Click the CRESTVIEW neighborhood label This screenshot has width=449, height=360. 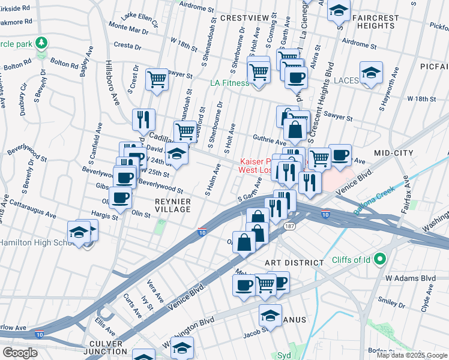(244, 19)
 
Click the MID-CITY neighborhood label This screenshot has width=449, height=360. (393, 154)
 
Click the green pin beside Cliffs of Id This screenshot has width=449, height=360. (379, 260)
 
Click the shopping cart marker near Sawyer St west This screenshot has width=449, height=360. (157, 78)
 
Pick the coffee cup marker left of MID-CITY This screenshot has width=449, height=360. (340, 155)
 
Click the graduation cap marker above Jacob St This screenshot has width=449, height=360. (271, 314)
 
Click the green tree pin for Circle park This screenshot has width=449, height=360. (41, 43)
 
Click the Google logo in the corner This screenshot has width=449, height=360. (20, 352)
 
